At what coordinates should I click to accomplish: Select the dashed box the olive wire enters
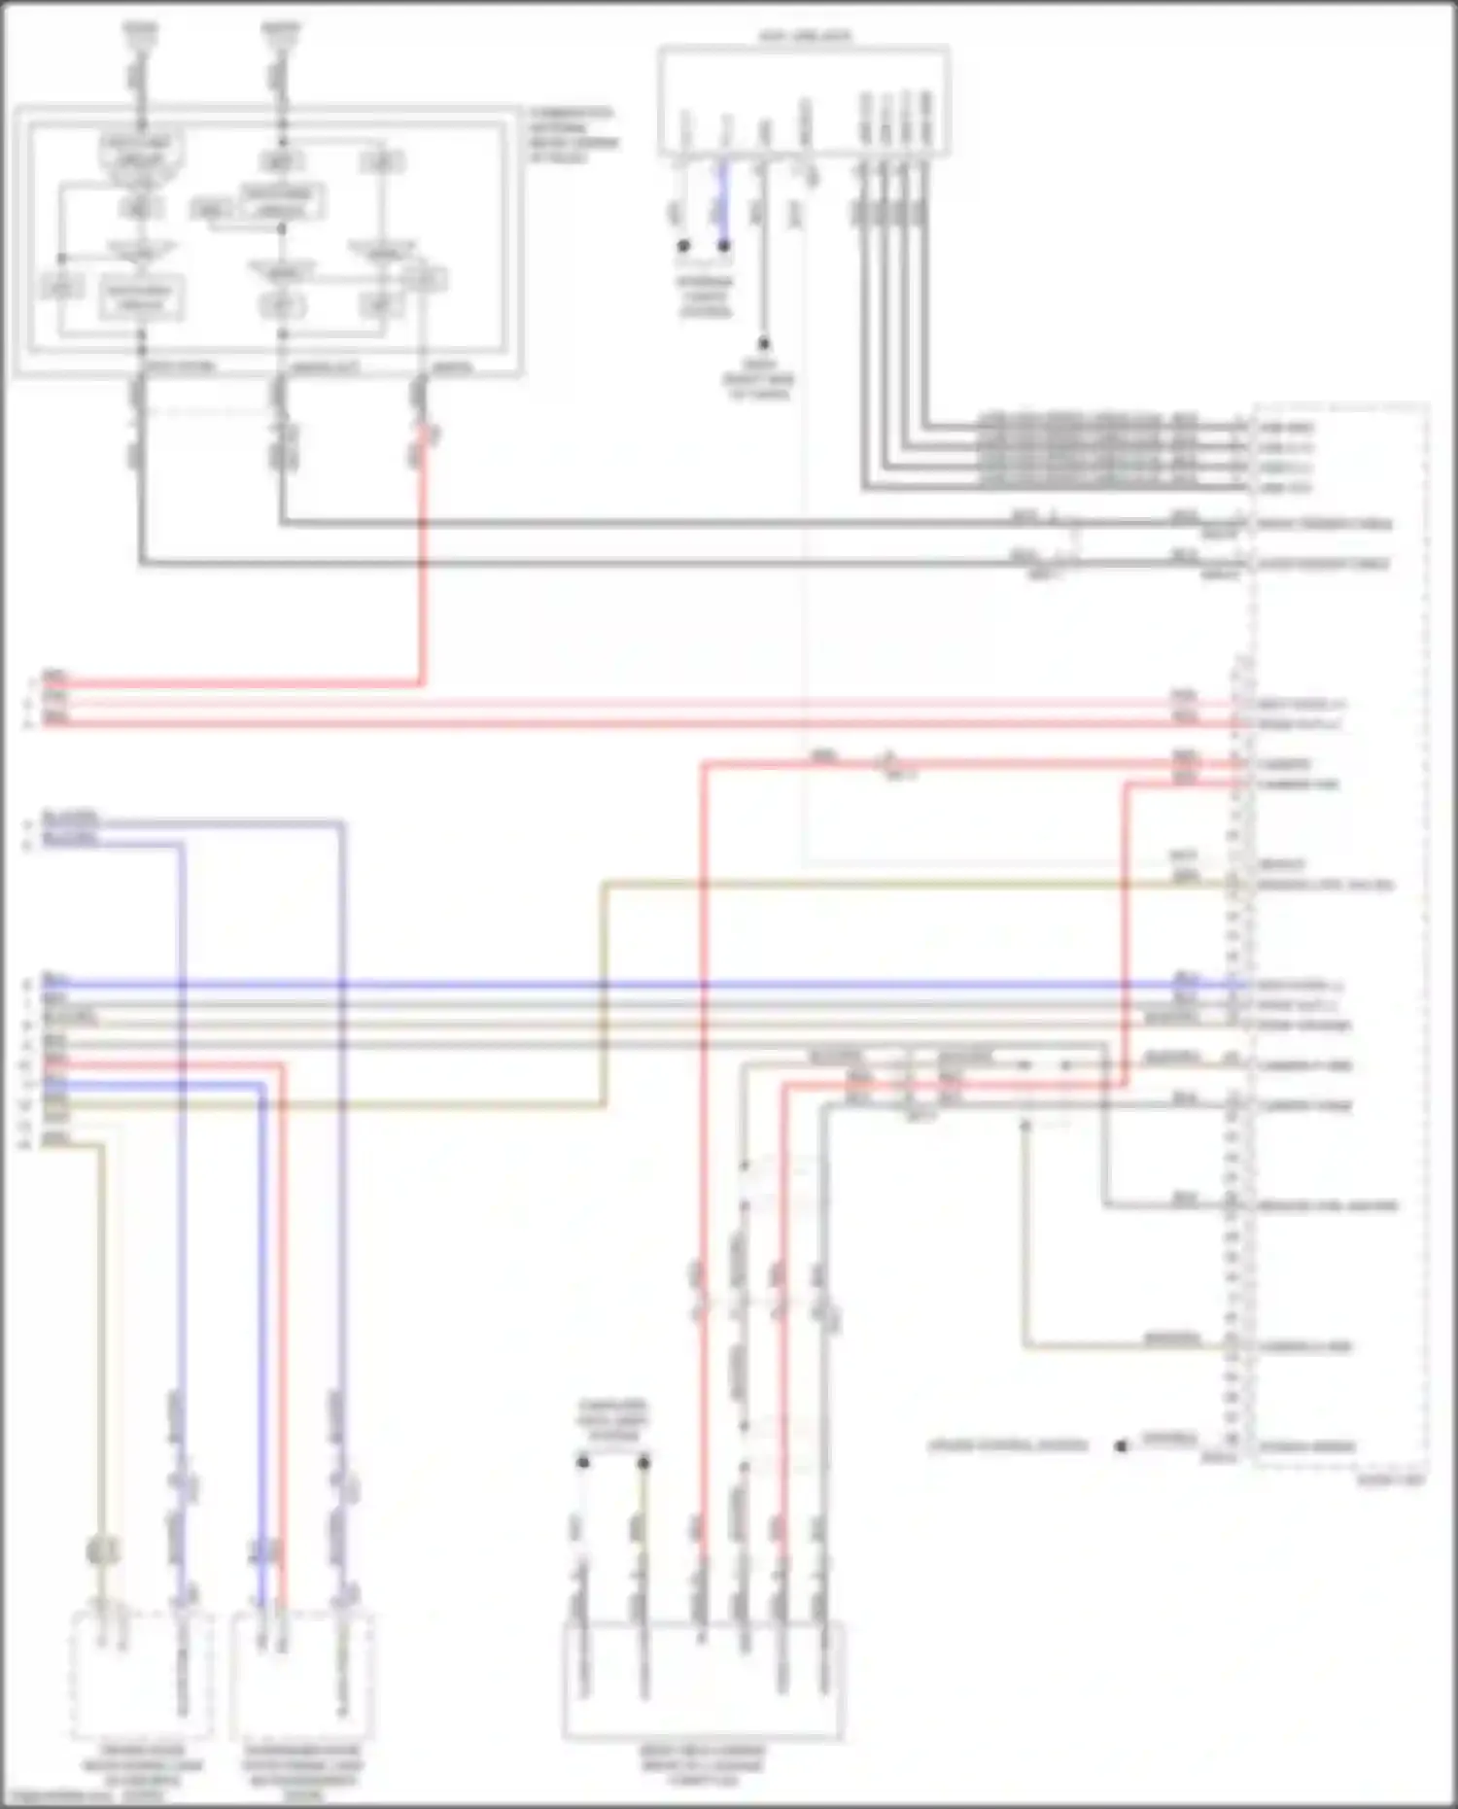click(142, 1677)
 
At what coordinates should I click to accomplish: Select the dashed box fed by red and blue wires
click(302, 1677)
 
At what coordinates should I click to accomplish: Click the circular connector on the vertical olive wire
click(102, 1550)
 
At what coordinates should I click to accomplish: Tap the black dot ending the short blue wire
click(723, 246)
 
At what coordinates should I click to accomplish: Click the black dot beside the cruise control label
click(1121, 1445)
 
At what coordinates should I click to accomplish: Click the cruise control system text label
click(1008, 1445)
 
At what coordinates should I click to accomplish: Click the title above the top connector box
click(804, 37)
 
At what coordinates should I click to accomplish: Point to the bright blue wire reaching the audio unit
click(680, 985)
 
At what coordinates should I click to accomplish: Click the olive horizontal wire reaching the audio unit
click(875, 885)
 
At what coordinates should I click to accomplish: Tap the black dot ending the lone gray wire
click(764, 343)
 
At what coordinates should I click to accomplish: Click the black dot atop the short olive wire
click(642, 1461)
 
